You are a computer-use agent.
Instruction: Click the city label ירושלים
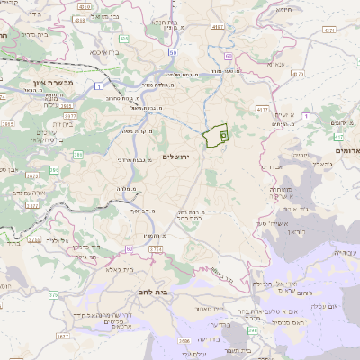click(x=178, y=157)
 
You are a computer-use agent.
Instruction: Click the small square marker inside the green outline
click(x=223, y=134)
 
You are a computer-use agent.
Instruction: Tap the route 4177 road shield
click(x=262, y=109)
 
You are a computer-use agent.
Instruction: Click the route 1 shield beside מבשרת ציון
click(x=95, y=85)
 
